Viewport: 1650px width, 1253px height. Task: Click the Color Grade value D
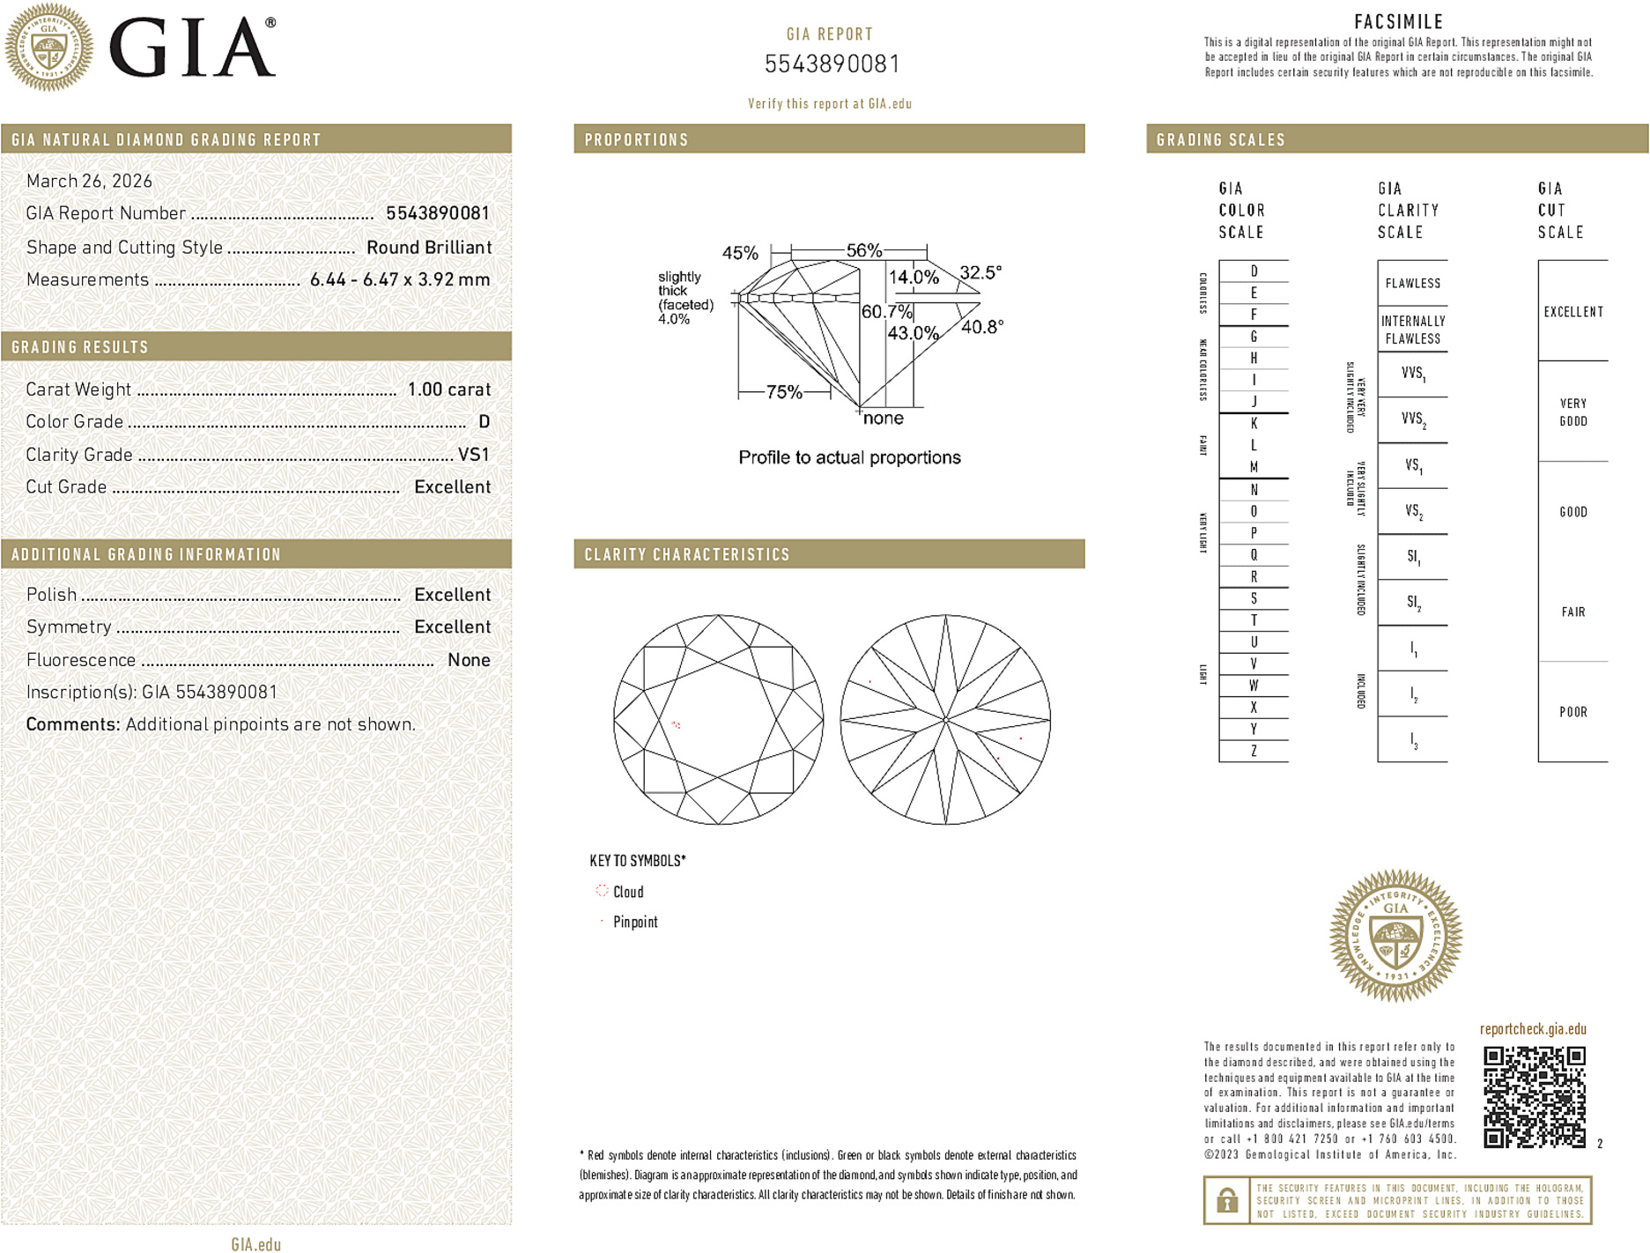(x=484, y=422)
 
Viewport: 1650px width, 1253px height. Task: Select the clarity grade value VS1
(x=473, y=455)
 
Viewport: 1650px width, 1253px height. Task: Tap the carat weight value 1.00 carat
(x=448, y=389)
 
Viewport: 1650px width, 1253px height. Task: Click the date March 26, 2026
(x=89, y=182)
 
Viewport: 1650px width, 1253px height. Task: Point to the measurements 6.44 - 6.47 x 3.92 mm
(x=400, y=280)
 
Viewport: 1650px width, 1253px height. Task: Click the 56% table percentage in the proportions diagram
(x=863, y=250)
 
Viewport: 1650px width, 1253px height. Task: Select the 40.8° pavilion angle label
(x=981, y=327)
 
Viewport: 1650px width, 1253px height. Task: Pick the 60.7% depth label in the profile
(x=886, y=312)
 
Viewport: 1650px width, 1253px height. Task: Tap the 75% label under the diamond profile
(x=783, y=392)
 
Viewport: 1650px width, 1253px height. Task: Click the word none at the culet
(x=883, y=419)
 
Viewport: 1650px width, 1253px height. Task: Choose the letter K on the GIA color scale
(x=1254, y=424)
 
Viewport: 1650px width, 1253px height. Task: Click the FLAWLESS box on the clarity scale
(x=1412, y=284)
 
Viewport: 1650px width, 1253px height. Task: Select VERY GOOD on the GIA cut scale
(x=1572, y=412)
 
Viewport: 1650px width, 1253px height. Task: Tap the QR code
(x=1534, y=1097)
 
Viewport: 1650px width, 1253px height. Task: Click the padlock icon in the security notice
(x=1226, y=1200)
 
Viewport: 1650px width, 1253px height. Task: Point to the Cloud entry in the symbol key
(x=627, y=892)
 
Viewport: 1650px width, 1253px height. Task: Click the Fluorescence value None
(x=469, y=660)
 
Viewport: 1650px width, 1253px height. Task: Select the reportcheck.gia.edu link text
(x=1532, y=1029)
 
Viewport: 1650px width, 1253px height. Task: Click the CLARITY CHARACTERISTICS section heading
(x=687, y=554)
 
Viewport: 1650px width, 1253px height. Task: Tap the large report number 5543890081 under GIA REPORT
(x=831, y=64)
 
